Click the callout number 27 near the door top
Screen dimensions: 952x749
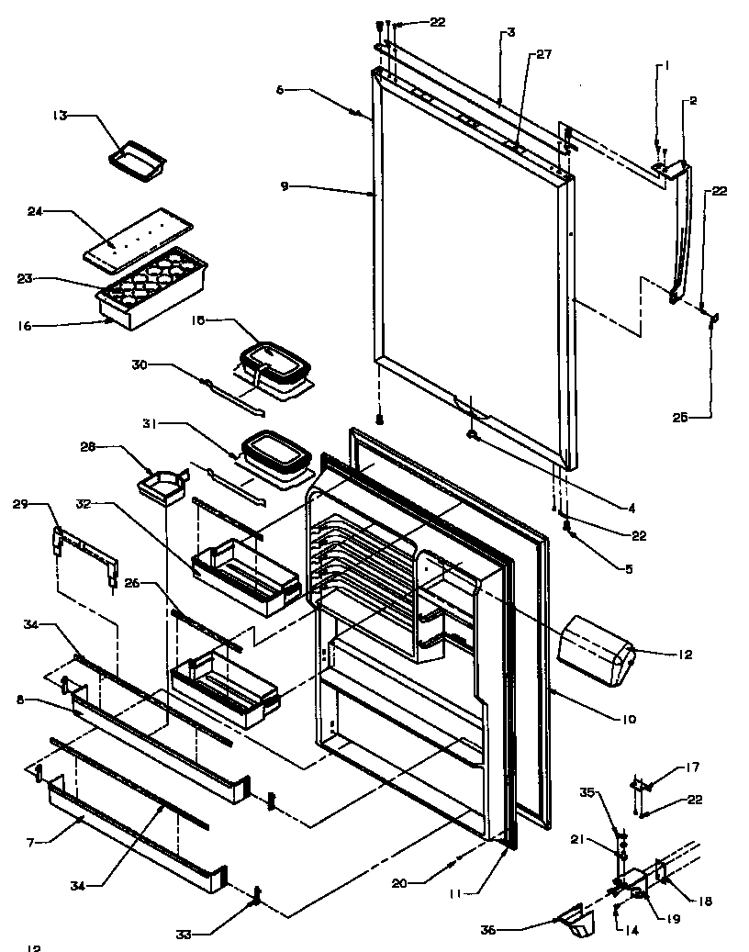544,55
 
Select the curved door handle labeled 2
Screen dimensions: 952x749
683,230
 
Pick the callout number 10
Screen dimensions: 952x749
629,720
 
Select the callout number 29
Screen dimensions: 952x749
20,505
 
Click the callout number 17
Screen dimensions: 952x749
694,768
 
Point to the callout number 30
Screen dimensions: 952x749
139,364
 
